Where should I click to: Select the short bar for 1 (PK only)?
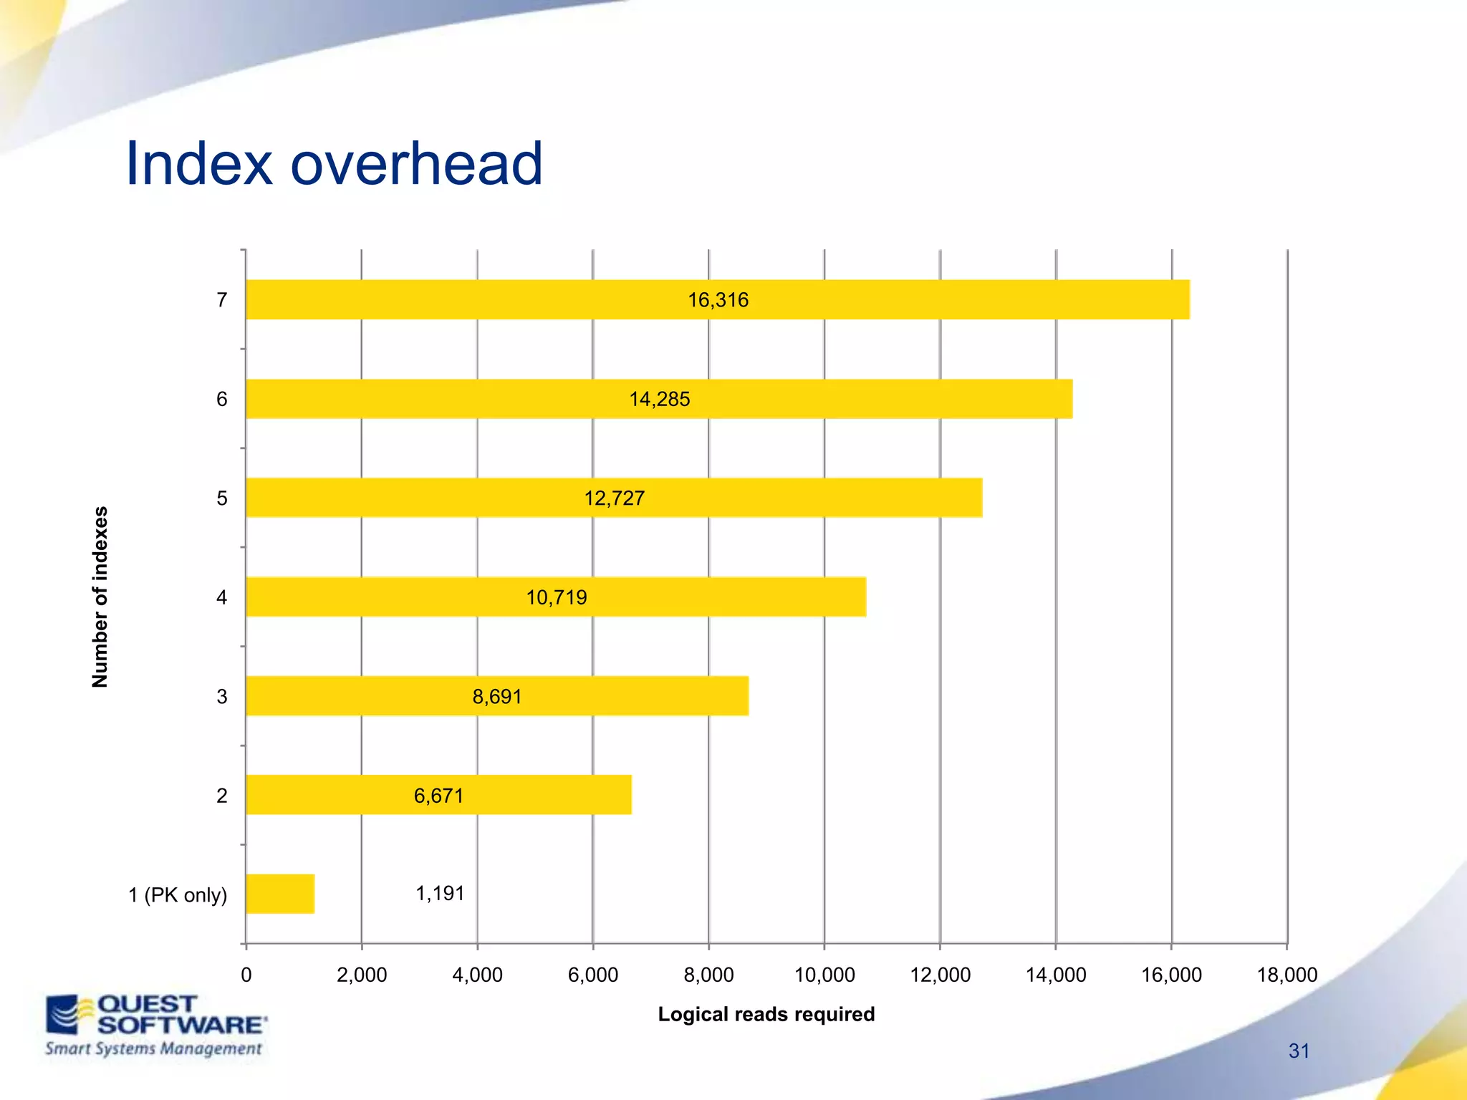point(280,894)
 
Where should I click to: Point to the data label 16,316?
point(718,300)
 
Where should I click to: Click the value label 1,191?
point(440,894)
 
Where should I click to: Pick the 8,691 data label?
point(497,696)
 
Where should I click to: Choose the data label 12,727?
point(614,498)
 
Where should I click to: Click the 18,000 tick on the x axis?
point(1286,975)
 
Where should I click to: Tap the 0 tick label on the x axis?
point(246,975)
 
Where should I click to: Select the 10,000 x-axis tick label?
point(824,975)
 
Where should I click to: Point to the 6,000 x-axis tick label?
point(592,975)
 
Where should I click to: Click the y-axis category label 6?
point(222,399)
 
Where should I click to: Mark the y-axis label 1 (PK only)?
point(178,895)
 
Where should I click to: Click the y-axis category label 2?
point(222,796)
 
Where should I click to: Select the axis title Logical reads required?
point(766,1014)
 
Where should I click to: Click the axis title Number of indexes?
point(100,597)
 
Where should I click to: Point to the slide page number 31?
point(1299,1051)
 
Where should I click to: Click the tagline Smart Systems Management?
point(153,1049)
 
